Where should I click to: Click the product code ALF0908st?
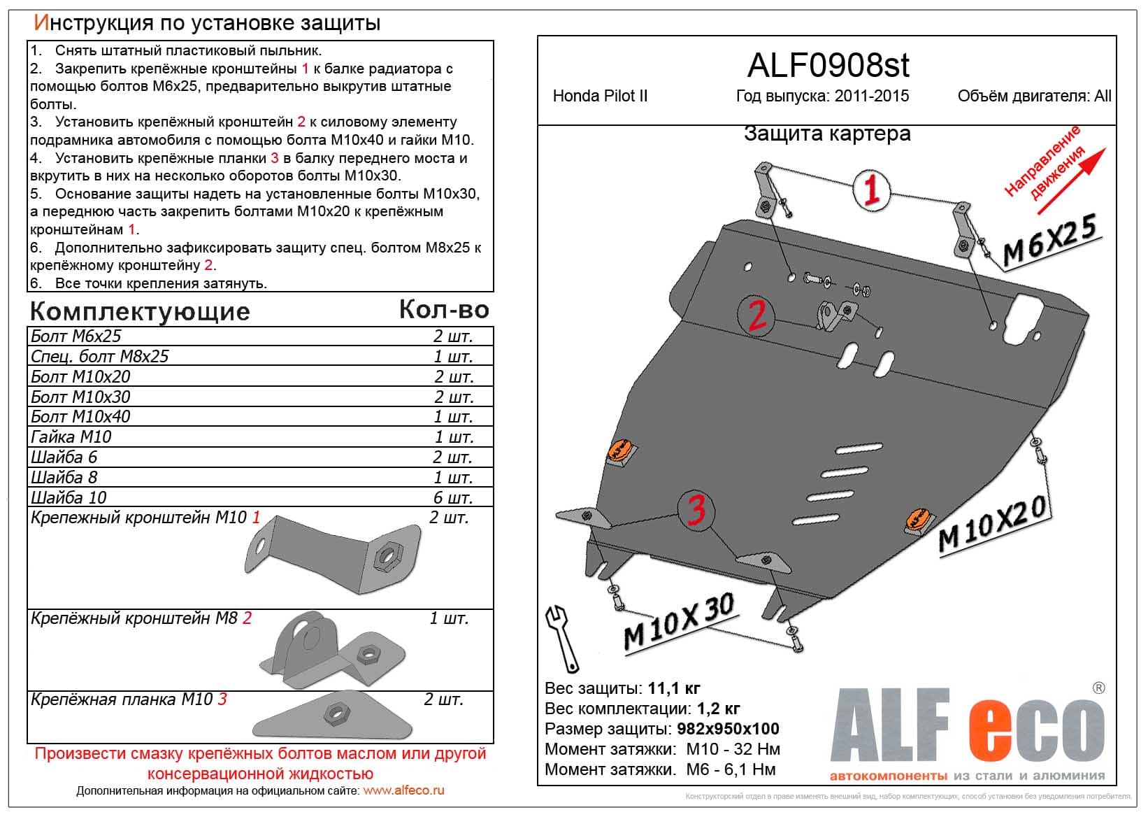[x=828, y=66]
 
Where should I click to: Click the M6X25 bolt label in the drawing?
[x=1049, y=241]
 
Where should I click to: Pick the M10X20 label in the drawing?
[x=992, y=525]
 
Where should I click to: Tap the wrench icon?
[x=564, y=639]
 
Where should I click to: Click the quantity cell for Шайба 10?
[x=452, y=497]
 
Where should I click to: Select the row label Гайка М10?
[x=71, y=437]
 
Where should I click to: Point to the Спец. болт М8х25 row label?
[x=99, y=356]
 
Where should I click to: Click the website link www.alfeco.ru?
[x=404, y=791]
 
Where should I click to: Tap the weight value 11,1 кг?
[x=674, y=688]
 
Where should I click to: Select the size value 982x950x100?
[x=728, y=729]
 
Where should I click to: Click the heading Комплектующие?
[x=140, y=311]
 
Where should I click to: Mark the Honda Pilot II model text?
[x=600, y=96]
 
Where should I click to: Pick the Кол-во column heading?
[x=444, y=309]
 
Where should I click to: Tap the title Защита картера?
[x=827, y=133]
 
